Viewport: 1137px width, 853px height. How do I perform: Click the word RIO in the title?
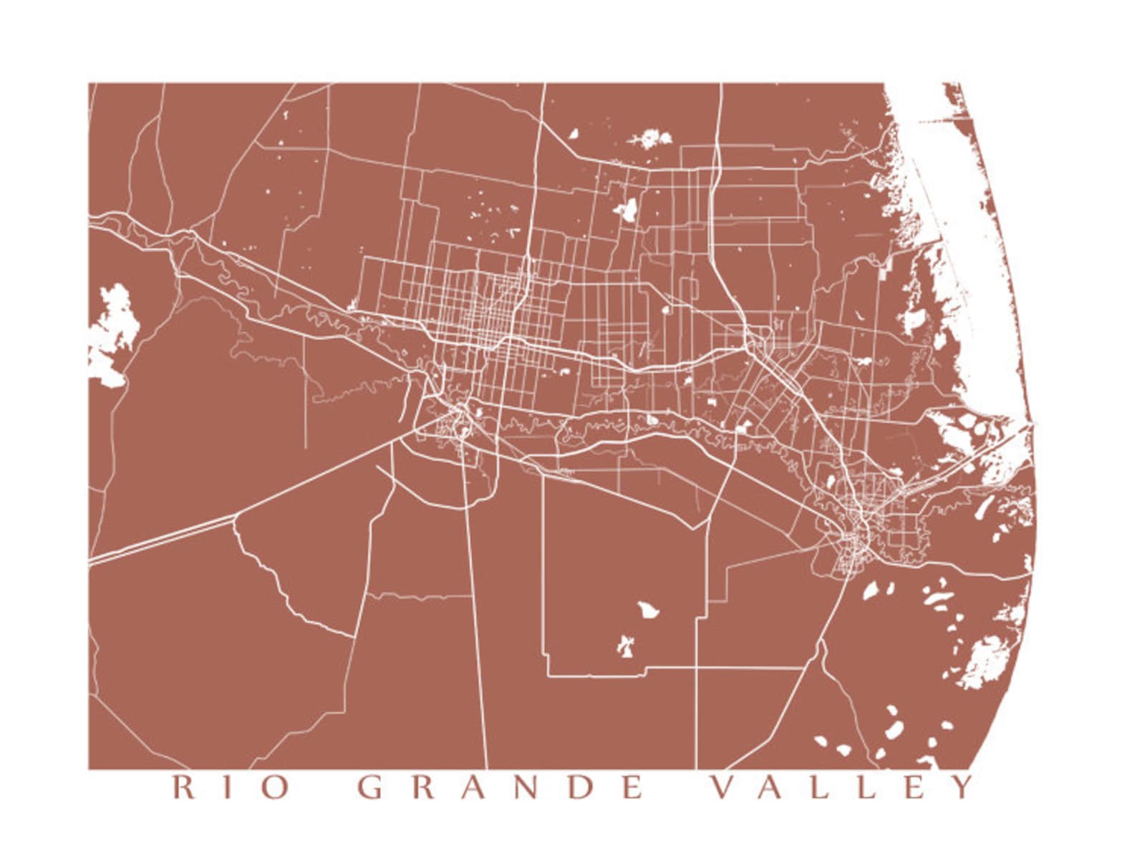pos(231,788)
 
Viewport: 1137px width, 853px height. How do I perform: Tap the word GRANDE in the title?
pos(500,788)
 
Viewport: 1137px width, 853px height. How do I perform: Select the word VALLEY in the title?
pos(842,788)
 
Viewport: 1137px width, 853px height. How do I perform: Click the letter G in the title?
pos(371,788)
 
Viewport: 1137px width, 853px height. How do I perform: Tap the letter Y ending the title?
pos(963,788)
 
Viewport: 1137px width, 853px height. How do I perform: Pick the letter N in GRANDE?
pos(529,788)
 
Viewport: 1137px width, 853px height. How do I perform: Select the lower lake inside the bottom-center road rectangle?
pos(626,645)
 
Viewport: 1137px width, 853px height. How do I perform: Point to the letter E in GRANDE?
pos(632,788)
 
